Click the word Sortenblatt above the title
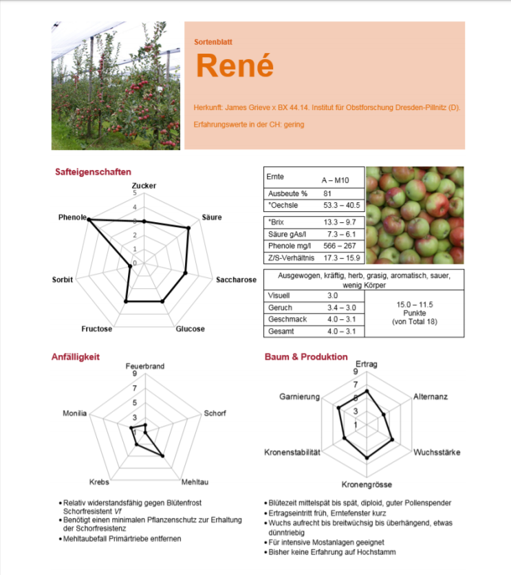213,42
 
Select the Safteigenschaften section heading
93,172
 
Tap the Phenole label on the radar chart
72,217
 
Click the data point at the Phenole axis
89,219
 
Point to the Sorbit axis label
63,280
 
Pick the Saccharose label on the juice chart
236,280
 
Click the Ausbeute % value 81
327,194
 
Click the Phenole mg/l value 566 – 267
340,246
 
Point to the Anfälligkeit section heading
76,357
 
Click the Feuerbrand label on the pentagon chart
144,367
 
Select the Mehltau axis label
195,481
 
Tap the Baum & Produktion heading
306,357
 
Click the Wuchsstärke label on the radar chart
437,453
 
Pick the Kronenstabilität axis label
292,453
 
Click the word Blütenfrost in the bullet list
182,503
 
